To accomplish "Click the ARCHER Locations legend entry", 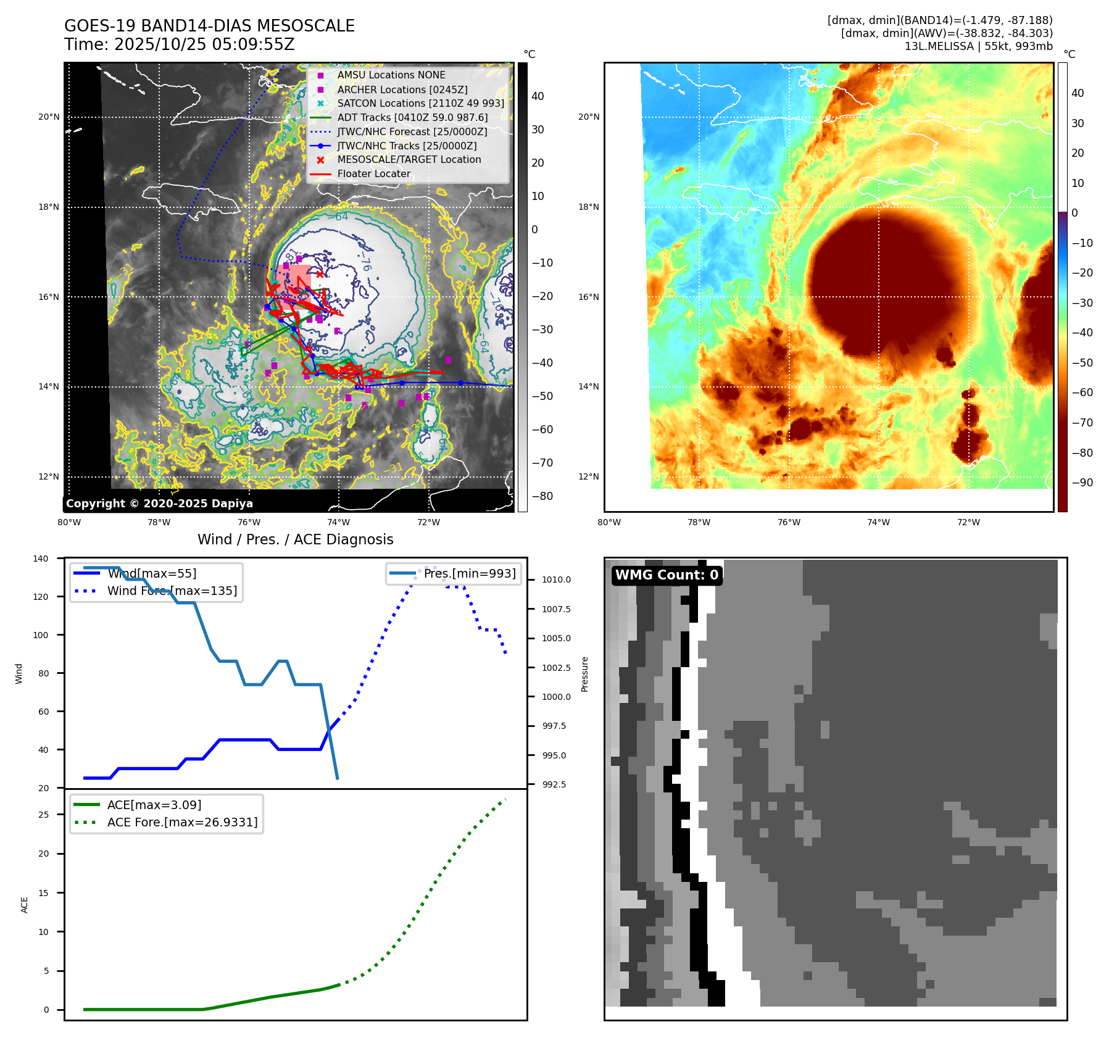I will tap(402, 89).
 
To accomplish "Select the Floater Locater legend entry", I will tap(373, 174).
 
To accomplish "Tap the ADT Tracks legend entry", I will tap(412, 117).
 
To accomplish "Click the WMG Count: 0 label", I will tap(667, 575).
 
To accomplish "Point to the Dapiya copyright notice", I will tap(159, 504).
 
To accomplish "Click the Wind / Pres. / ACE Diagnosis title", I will tap(295, 539).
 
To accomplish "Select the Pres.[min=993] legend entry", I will tap(469, 573).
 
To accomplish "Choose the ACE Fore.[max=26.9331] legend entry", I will tap(182, 822).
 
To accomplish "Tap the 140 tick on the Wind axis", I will tap(41, 559).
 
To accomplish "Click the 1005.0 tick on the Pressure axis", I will tap(556, 638).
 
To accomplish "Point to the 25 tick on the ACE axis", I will tap(43, 815).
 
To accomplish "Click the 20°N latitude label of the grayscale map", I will tap(49, 117).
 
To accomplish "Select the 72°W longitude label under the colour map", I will tap(968, 522).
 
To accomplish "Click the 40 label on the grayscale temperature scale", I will tap(538, 96).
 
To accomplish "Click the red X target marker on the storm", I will tap(320, 274).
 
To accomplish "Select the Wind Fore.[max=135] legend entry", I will tap(172, 591).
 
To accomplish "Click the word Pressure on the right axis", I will tap(584, 674).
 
